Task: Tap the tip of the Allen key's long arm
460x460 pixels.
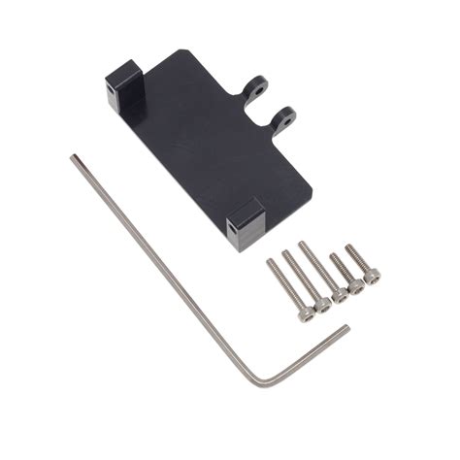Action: click(x=74, y=157)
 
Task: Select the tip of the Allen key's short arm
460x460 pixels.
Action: click(x=345, y=329)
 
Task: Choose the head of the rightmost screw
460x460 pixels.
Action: click(x=371, y=276)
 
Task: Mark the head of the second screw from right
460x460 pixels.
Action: click(x=355, y=285)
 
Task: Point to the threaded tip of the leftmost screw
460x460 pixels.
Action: click(x=272, y=262)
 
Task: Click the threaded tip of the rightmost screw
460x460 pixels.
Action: click(x=348, y=246)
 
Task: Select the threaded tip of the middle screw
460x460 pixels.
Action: click(x=302, y=244)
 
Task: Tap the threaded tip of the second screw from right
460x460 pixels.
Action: click(x=333, y=256)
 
